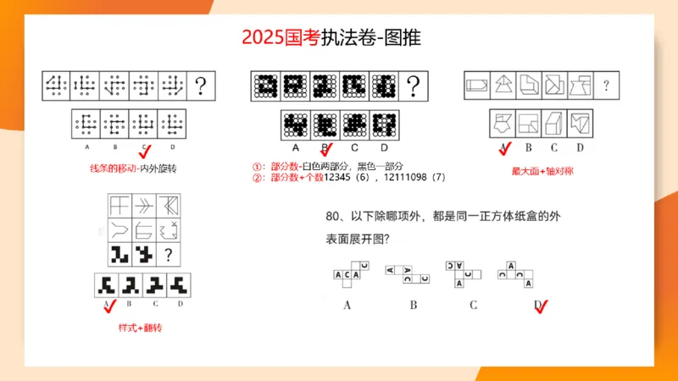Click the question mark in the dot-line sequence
pos(201,85)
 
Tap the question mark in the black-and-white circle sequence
pos(414,85)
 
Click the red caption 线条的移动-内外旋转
pos(133,168)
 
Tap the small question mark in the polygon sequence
pos(606,85)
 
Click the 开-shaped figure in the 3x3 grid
pos(119,205)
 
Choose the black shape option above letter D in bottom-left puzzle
pos(178,283)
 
